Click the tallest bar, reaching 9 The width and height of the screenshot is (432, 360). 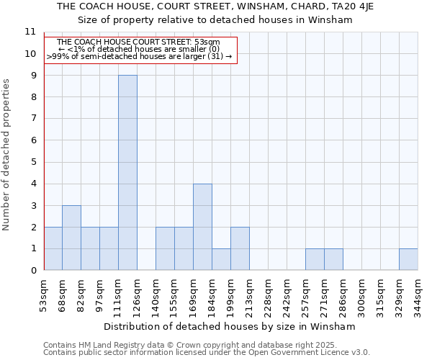click(x=127, y=173)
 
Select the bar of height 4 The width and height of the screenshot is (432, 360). click(x=202, y=227)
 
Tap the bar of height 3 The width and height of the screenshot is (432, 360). click(x=71, y=238)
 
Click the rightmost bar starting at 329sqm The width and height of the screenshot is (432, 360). click(x=408, y=259)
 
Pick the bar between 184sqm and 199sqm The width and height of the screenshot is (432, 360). click(x=221, y=259)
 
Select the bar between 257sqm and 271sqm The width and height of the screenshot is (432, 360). click(x=315, y=259)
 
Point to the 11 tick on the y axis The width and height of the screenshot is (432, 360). click(x=30, y=32)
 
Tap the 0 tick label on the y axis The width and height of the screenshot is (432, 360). click(x=33, y=271)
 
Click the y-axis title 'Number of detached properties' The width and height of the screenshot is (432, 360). click(x=6, y=155)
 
